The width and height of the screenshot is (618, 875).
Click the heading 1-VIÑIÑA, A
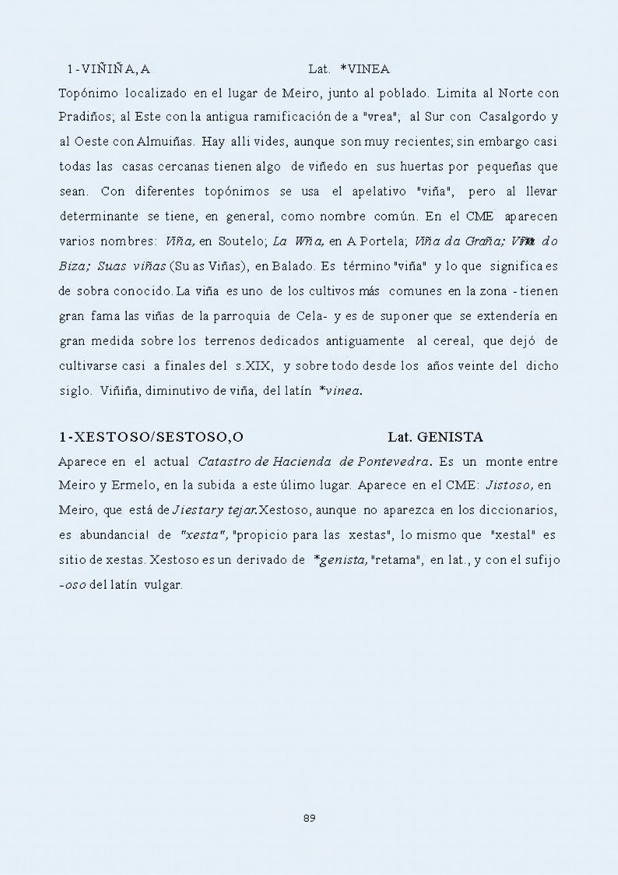pyautogui.click(x=108, y=70)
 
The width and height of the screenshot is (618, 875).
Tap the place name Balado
pyautogui.click(x=293, y=266)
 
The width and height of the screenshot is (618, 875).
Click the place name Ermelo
pyautogui.click(x=139, y=487)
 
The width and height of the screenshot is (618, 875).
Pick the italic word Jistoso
pyautogui.click(x=509, y=487)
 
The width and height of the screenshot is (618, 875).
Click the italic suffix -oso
pyautogui.click(x=72, y=586)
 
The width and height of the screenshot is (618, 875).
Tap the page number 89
pyautogui.click(x=309, y=818)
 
